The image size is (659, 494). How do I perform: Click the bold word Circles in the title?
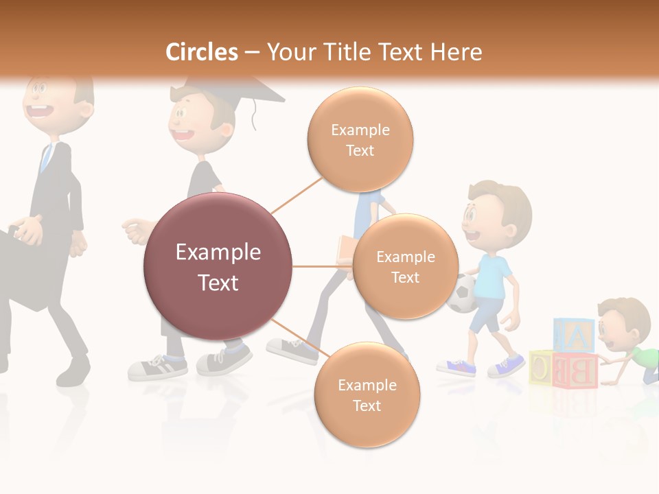click(x=201, y=52)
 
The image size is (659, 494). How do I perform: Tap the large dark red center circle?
click(x=218, y=267)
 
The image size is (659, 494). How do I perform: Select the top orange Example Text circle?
click(x=360, y=139)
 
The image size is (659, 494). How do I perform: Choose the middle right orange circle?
click(x=405, y=267)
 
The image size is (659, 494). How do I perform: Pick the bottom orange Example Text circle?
click(x=367, y=395)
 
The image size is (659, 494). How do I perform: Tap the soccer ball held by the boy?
click(x=461, y=294)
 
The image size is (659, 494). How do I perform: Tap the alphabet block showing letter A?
click(x=575, y=336)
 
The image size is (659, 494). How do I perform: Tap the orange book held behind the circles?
click(x=345, y=250)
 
